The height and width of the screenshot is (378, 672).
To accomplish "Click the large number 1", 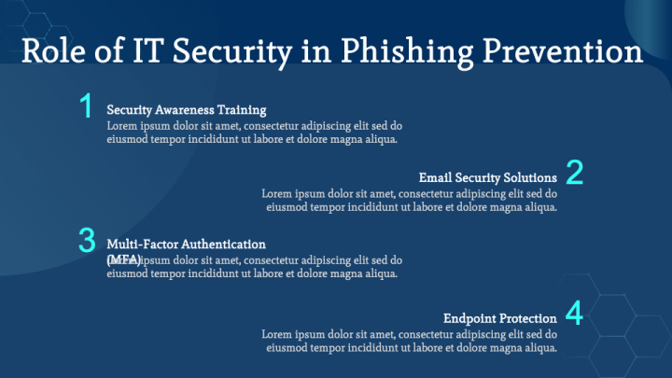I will click(x=86, y=106).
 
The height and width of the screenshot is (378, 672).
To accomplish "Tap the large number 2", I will click(x=575, y=173).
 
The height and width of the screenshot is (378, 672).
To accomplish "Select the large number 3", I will click(x=87, y=241).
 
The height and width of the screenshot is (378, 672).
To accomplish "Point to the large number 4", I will click(x=575, y=314).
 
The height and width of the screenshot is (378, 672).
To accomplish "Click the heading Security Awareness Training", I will click(x=187, y=109).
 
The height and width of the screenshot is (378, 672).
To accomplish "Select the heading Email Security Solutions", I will click(x=488, y=176).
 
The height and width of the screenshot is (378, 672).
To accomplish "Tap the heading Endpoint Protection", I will click(x=500, y=318).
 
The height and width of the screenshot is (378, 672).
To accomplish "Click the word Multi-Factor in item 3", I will click(x=140, y=244).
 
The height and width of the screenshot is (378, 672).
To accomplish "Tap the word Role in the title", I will click(x=55, y=50).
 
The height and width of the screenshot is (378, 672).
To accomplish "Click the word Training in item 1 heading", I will click(x=242, y=109).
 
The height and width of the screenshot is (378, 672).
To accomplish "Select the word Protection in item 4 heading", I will click(x=527, y=318).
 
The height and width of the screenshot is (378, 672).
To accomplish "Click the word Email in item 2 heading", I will click(x=435, y=176).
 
